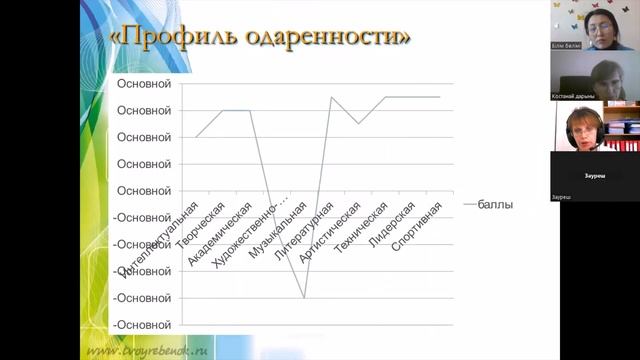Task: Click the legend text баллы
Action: [x=495, y=204]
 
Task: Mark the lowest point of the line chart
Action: [x=304, y=297]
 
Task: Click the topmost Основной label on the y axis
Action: [x=144, y=83]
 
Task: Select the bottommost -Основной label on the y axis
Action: [x=142, y=324]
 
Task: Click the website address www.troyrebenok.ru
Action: [x=144, y=352]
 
